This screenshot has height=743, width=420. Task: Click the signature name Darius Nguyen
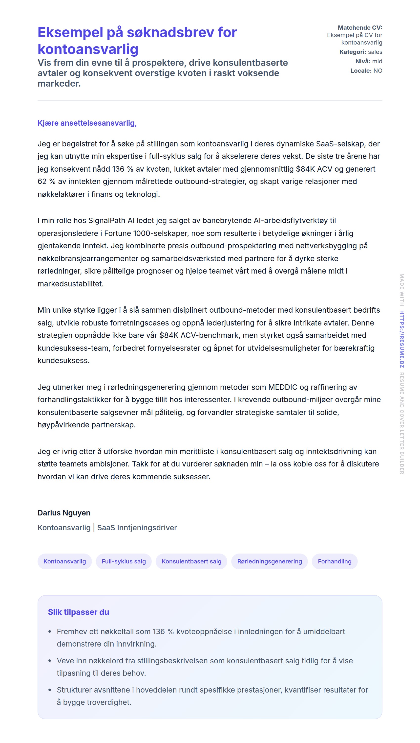(64, 512)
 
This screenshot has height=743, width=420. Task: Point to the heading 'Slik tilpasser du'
(79, 612)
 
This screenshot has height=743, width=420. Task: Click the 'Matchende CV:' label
(360, 27)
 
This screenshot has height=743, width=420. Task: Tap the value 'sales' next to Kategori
(375, 52)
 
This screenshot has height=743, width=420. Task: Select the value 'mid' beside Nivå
(377, 61)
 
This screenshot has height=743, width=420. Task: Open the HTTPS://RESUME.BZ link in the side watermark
(401, 339)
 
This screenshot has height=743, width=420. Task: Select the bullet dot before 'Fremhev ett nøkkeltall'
(50, 631)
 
